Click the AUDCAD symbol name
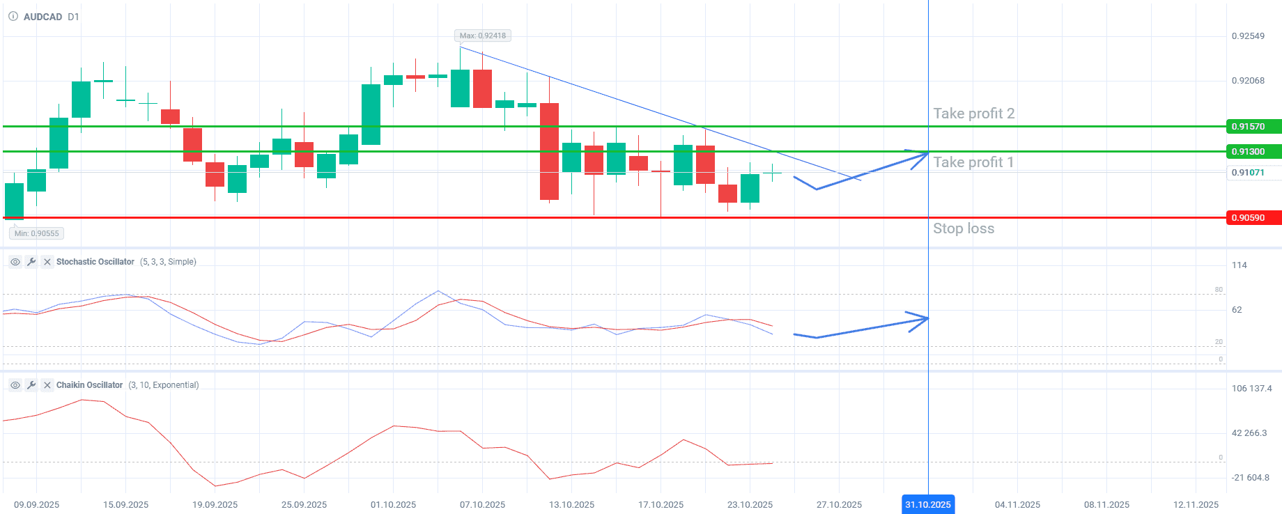(x=43, y=17)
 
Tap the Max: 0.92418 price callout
(x=482, y=36)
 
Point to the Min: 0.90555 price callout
(x=37, y=233)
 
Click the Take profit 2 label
(x=973, y=114)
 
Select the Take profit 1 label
(x=973, y=162)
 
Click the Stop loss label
(x=964, y=228)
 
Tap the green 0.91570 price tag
(x=1252, y=127)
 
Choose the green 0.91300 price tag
(x=1252, y=152)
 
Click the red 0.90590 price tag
(x=1252, y=218)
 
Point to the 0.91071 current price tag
(x=1252, y=173)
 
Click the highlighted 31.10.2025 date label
(x=928, y=504)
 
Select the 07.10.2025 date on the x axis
(x=482, y=504)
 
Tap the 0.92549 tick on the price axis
(x=1248, y=36)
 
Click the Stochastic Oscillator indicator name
(x=95, y=262)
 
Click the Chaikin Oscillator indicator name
(x=89, y=385)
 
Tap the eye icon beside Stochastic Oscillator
(x=15, y=262)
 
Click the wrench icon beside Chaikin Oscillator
(x=31, y=385)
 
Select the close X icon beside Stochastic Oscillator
(x=47, y=262)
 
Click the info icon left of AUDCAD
(x=13, y=17)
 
